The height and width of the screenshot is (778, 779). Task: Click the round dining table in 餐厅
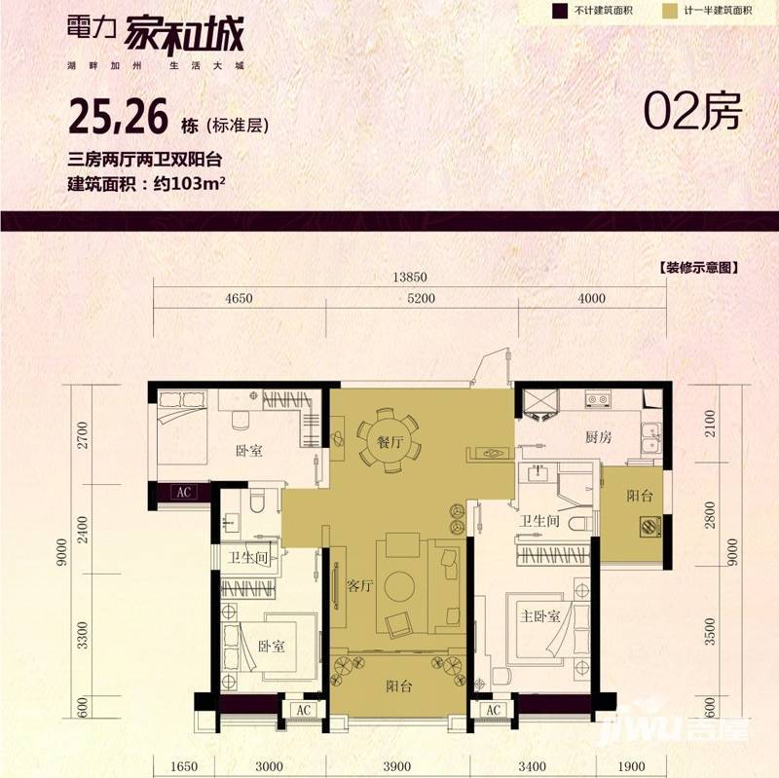389,441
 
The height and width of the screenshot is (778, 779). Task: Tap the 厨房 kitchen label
598,437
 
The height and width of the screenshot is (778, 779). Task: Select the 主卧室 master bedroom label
540,616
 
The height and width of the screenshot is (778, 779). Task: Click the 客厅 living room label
360,586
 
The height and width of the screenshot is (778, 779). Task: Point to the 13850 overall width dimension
410,277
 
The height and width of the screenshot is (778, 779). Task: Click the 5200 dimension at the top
421,298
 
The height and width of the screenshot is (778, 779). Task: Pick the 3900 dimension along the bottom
397,766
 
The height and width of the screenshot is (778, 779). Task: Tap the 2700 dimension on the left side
83,434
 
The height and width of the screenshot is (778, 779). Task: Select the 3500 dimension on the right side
710,631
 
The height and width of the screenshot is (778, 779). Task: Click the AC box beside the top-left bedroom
183,492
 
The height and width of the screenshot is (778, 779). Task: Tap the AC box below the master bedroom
494,710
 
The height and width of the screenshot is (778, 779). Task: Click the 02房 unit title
692,111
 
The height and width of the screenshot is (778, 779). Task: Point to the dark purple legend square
559,11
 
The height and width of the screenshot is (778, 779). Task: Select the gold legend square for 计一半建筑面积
669,11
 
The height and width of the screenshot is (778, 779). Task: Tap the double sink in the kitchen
650,439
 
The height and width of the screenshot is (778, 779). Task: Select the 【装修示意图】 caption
699,268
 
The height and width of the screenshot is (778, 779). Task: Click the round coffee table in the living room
400,586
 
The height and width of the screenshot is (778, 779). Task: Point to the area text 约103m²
190,184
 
